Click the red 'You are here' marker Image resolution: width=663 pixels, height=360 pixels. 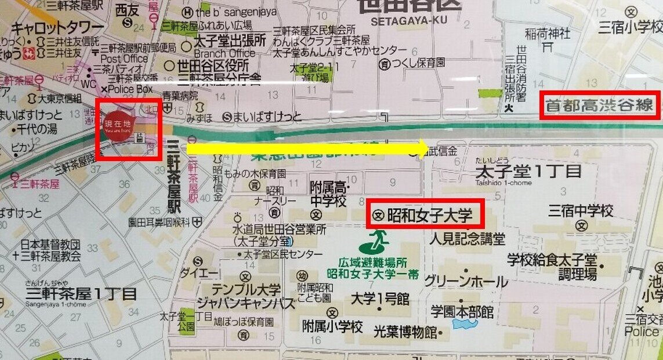click(118, 128)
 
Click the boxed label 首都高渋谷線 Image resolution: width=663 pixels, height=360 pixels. click(600, 106)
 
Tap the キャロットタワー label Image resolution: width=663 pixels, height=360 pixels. click(57, 28)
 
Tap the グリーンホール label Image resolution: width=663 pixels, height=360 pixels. click(466, 282)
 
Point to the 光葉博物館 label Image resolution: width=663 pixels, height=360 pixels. click(404, 331)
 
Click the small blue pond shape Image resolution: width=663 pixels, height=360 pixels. click(465, 323)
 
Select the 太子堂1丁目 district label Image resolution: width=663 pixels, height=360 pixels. click(528, 172)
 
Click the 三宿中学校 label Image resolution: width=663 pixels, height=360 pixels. click(581, 210)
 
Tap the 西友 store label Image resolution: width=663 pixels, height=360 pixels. click(128, 10)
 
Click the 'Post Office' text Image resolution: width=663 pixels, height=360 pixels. click(125, 59)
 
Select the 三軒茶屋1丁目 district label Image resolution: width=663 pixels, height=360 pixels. click(81, 294)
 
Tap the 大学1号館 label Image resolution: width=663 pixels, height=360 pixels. click(380, 299)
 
